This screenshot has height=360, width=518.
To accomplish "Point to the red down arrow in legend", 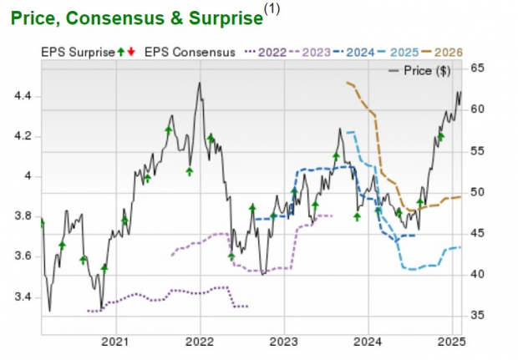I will [131, 52].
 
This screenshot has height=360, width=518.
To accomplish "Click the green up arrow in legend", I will [122, 52].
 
